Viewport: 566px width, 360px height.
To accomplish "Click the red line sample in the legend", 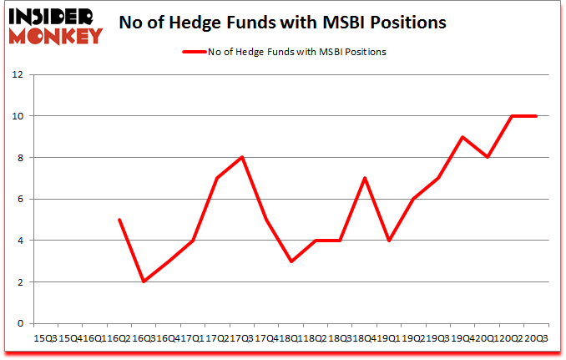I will pos(194,52).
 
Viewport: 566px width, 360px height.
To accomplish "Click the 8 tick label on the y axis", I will pos(18,158).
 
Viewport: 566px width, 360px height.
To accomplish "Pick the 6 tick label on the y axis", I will pos(18,200).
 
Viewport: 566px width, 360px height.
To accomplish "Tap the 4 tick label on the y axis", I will pos(18,241).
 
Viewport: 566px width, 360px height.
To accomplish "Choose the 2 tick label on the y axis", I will pos(18,282).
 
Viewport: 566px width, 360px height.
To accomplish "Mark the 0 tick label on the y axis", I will pos(18,324).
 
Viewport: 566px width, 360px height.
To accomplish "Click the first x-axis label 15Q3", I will pos(44,338).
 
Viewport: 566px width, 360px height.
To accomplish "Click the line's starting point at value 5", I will pos(119,220).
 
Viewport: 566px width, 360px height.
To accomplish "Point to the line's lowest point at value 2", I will pos(144,281).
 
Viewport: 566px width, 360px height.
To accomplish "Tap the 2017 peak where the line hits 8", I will pos(241,157).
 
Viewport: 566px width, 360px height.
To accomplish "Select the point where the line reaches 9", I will pos(462,137).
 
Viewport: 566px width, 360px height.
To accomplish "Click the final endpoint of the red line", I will pos(536,116).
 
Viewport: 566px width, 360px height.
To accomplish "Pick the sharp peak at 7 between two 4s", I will pos(364,178).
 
